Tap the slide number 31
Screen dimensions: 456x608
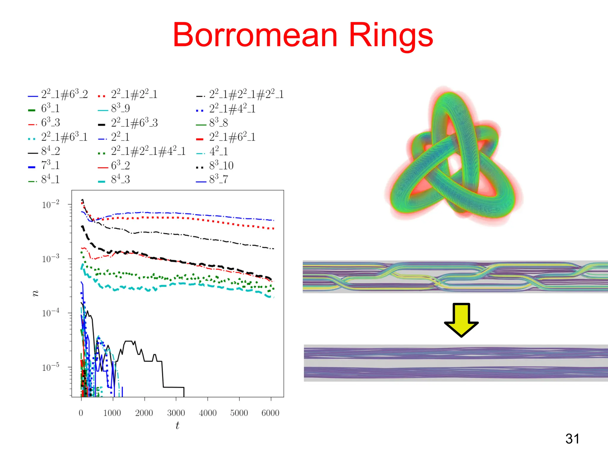[x=572, y=438]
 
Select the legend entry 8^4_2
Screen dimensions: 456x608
[x=50, y=151]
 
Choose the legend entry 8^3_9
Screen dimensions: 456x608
[x=120, y=108]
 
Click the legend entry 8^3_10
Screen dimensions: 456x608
[x=221, y=165]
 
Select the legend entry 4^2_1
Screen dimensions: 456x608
[x=218, y=151]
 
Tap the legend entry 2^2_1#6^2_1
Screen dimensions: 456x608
[x=232, y=137]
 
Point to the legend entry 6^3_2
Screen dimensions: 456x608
[x=120, y=165]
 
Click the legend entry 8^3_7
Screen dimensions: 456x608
[x=218, y=179]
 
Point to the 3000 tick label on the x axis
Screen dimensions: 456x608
[x=176, y=413]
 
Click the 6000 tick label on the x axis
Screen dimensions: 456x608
[x=270, y=413]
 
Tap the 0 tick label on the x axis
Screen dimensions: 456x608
[x=81, y=413]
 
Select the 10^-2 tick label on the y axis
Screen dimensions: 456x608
[x=51, y=205]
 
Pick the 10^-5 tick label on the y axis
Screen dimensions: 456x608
[x=51, y=367]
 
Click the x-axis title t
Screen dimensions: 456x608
[x=177, y=425]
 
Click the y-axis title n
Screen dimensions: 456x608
[x=35, y=293]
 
